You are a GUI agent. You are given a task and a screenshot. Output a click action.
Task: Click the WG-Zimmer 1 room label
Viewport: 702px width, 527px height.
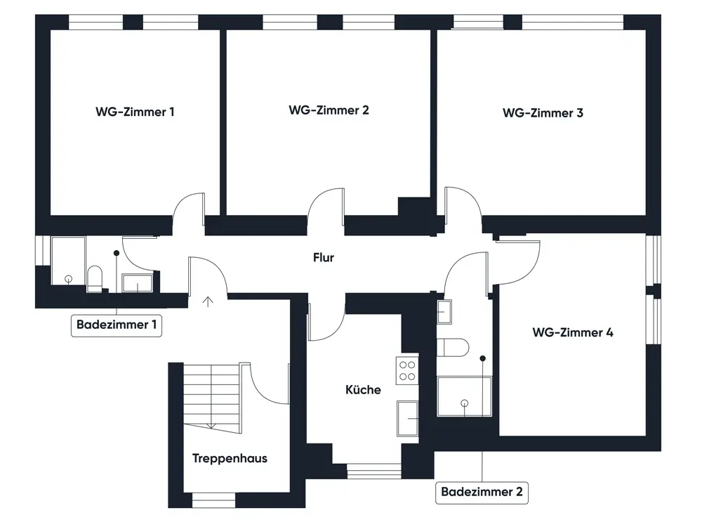pos(135,112)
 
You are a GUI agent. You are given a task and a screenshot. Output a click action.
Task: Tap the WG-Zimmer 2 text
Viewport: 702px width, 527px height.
pos(329,110)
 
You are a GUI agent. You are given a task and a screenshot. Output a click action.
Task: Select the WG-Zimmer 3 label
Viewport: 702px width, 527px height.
pos(543,113)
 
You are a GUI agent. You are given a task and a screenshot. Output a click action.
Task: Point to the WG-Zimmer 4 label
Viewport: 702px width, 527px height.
pos(573,332)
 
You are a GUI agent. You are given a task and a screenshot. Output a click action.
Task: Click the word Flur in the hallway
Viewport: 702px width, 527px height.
pos(323,258)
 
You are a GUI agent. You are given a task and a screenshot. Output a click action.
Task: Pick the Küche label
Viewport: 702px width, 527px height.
pos(363,389)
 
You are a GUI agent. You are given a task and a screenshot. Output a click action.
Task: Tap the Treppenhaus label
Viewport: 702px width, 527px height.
pos(230,458)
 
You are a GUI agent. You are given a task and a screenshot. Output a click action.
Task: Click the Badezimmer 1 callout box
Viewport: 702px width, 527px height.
pos(117,325)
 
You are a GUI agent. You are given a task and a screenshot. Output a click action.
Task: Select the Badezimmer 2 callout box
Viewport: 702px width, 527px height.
pos(482,492)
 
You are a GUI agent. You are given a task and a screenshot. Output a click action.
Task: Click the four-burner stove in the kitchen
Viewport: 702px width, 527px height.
pos(407,370)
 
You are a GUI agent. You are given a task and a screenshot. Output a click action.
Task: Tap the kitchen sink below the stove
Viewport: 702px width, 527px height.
pos(407,419)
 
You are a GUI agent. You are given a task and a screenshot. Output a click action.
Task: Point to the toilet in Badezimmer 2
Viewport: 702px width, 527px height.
pos(453,347)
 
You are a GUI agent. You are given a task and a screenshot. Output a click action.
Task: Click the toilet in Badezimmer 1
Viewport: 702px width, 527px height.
pos(95,279)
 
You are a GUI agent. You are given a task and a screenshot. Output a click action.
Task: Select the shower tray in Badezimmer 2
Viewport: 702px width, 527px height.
pos(464,396)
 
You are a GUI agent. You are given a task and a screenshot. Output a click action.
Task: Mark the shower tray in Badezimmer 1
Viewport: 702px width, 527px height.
pos(69,261)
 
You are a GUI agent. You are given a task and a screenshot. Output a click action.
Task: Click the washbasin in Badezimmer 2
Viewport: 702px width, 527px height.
pos(444,312)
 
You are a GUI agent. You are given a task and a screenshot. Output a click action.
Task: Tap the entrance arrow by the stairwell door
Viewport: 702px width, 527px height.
pos(208,301)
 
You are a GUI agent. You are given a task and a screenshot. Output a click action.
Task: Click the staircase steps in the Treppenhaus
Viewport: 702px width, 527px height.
pos(212,397)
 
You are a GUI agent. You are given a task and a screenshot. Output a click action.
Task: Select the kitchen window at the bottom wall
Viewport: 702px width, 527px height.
pos(374,471)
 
